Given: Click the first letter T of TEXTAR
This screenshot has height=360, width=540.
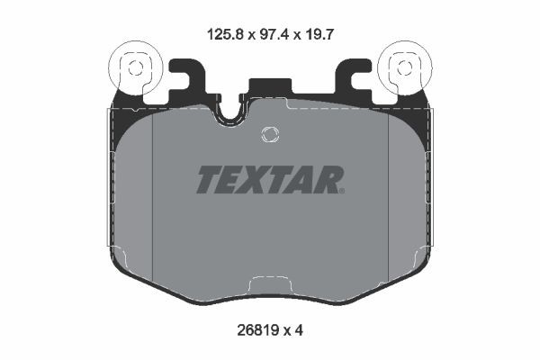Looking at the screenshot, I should pyautogui.click(x=208, y=180).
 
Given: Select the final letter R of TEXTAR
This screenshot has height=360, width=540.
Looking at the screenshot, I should pyautogui.click(x=327, y=180).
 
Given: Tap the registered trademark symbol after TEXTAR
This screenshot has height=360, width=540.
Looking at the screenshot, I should pyautogui.click(x=342, y=190).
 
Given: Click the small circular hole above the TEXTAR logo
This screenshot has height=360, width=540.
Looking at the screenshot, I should pyautogui.click(x=269, y=135).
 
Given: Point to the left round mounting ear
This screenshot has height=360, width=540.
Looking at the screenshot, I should pyautogui.click(x=132, y=66).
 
